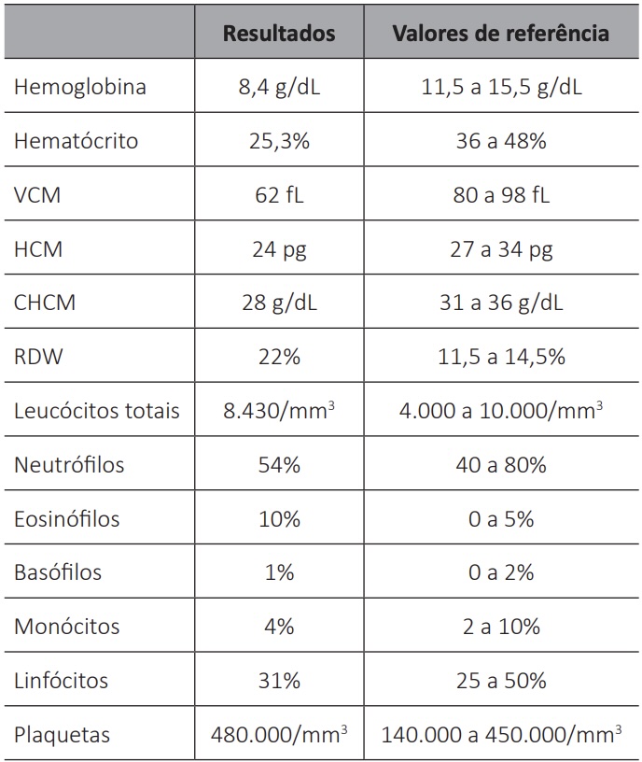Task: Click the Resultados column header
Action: [x=279, y=33]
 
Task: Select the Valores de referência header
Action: [x=501, y=33]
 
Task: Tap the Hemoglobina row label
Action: [x=80, y=87]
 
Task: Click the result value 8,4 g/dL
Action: [x=279, y=88]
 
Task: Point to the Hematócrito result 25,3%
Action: [x=279, y=141]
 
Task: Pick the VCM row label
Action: [x=37, y=195]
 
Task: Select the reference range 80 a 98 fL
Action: [x=501, y=195]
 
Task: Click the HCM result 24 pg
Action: [x=279, y=249]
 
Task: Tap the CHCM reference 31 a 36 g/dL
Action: [x=501, y=303]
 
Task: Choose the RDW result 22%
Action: [x=279, y=357]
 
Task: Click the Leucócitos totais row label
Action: [x=97, y=411]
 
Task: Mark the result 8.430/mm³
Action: [x=279, y=411]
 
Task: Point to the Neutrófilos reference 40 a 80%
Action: [x=501, y=465]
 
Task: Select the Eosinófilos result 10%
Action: [x=279, y=519]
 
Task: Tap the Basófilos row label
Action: [x=58, y=572]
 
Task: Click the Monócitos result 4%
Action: [x=279, y=627]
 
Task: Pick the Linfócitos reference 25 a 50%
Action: [x=501, y=681]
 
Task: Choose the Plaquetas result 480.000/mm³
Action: [x=279, y=734]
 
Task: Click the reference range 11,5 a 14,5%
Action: [x=501, y=357]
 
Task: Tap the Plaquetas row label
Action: [x=63, y=735]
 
